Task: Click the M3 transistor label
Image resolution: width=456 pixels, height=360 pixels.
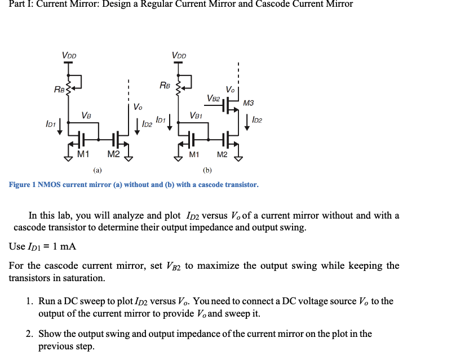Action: coord(249,103)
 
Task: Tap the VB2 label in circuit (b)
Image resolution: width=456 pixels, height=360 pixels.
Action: coord(213,98)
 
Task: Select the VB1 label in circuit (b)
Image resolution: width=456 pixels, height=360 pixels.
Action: coord(196,115)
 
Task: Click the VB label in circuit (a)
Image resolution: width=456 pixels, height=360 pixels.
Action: coord(86,115)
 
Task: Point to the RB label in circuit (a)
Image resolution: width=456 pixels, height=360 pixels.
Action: coord(59,90)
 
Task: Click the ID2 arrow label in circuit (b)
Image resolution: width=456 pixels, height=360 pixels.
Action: coord(257,119)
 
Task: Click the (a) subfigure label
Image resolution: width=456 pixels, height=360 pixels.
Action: coord(98,169)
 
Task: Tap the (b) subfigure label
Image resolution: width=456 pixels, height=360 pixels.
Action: coord(207,169)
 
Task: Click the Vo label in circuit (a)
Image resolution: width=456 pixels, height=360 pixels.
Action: coord(138,106)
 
